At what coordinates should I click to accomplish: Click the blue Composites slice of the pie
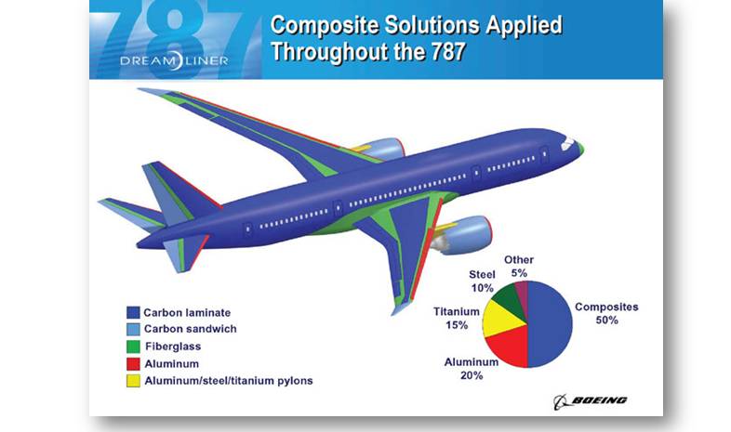click(x=551, y=324)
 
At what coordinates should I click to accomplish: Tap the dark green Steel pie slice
click(x=507, y=297)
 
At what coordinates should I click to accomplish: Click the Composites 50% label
click(x=606, y=313)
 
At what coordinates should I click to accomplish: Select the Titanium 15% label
click(x=457, y=318)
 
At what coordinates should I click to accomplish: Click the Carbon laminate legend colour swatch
click(x=133, y=312)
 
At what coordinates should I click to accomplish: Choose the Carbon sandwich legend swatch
click(x=133, y=329)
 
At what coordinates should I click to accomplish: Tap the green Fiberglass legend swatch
click(x=133, y=347)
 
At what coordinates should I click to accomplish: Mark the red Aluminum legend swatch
click(x=133, y=363)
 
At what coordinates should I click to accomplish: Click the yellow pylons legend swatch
click(x=133, y=381)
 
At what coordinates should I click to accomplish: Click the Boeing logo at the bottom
click(x=591, y=401)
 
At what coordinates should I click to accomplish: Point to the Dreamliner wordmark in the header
click(x=174, y=60)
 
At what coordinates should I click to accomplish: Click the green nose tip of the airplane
click(x=580, y=148)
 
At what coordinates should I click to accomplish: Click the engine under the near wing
click(x=461, y=235)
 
